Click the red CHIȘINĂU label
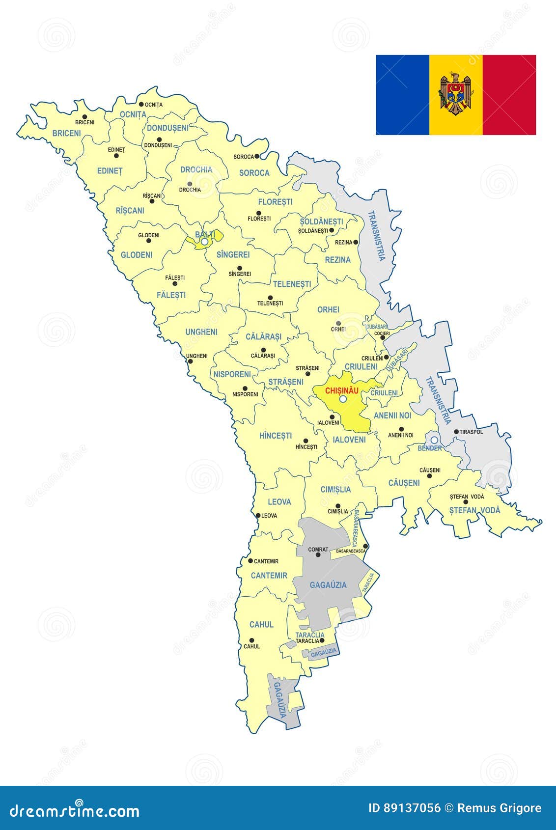(x=342, y=390)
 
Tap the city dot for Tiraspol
(x=456, y=432)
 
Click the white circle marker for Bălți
(x=204, y=242)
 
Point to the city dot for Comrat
(x=318, y=555)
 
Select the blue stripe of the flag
(x=402, y=95)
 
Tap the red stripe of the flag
(x=509, y=95)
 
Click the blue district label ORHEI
(x=328, y=310)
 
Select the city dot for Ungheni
(x=190, y=361)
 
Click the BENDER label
(x=429, y=448)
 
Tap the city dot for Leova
(x=258, y=515)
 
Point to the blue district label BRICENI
(x=66, y=133)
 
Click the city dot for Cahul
(x=251, y=640)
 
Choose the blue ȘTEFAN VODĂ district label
(x=474, y=510)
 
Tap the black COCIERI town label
(x=382, y=333)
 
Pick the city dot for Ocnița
(x=140, y=104)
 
